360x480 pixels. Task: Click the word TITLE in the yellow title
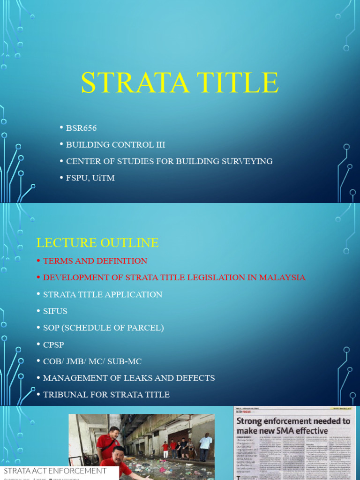tap(236, 83)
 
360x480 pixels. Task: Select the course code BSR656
tap(81, 128)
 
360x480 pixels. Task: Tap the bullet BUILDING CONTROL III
tap(115, 145)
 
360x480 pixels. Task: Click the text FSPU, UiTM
tap(90, 178)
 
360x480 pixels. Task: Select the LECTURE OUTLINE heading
tap(97, 243)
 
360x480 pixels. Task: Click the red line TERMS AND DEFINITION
tap(95, 261)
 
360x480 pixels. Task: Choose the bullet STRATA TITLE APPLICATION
tap(103, 294)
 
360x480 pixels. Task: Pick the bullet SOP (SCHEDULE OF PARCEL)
tap(103, 328)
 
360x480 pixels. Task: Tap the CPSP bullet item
tap(53, 345)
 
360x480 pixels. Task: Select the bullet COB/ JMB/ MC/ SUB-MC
tap(92, 361)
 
